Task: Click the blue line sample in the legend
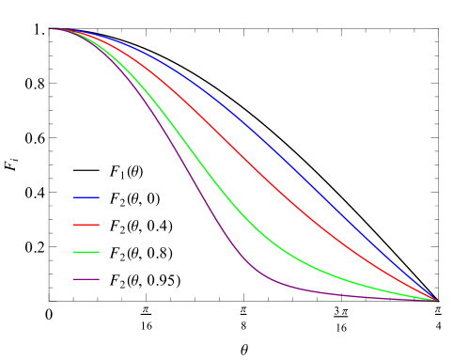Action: pyautogui.click(x=86, y=197)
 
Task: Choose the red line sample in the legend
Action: pyautogui.click(x=86, y=225)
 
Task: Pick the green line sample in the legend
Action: pyautogui.click(x=86, y=252)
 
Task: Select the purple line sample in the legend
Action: pyautogui.click(x=86, y=279)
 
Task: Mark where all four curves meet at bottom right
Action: pyautogui.click(x=438, y=301)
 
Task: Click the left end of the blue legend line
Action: pyautogui.click(x=73, y=197)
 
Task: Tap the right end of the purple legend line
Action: pyautogui.click(x=100, y=279)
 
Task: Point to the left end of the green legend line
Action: pyautogui.click(x=73, y=252)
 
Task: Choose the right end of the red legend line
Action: pyautogui.click(x=100, y=225)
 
